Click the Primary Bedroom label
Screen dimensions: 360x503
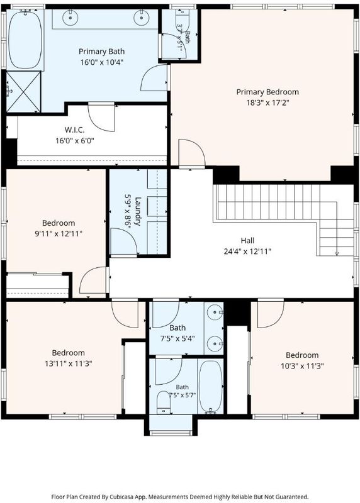267,92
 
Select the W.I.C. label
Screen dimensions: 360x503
75,130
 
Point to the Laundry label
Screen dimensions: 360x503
137,211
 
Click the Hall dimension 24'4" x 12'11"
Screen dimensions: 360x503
247,251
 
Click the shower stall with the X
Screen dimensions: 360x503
23,92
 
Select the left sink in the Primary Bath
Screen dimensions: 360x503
70,18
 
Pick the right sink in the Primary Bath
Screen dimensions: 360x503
140,18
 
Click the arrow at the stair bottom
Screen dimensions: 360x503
337,253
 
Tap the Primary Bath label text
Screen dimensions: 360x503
101,52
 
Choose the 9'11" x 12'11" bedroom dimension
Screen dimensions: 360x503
59,234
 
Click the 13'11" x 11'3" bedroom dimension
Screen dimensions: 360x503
69,364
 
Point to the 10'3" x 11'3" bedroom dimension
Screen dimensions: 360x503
302,366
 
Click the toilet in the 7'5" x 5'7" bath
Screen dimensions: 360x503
164,402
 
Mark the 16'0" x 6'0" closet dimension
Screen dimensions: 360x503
75,140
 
